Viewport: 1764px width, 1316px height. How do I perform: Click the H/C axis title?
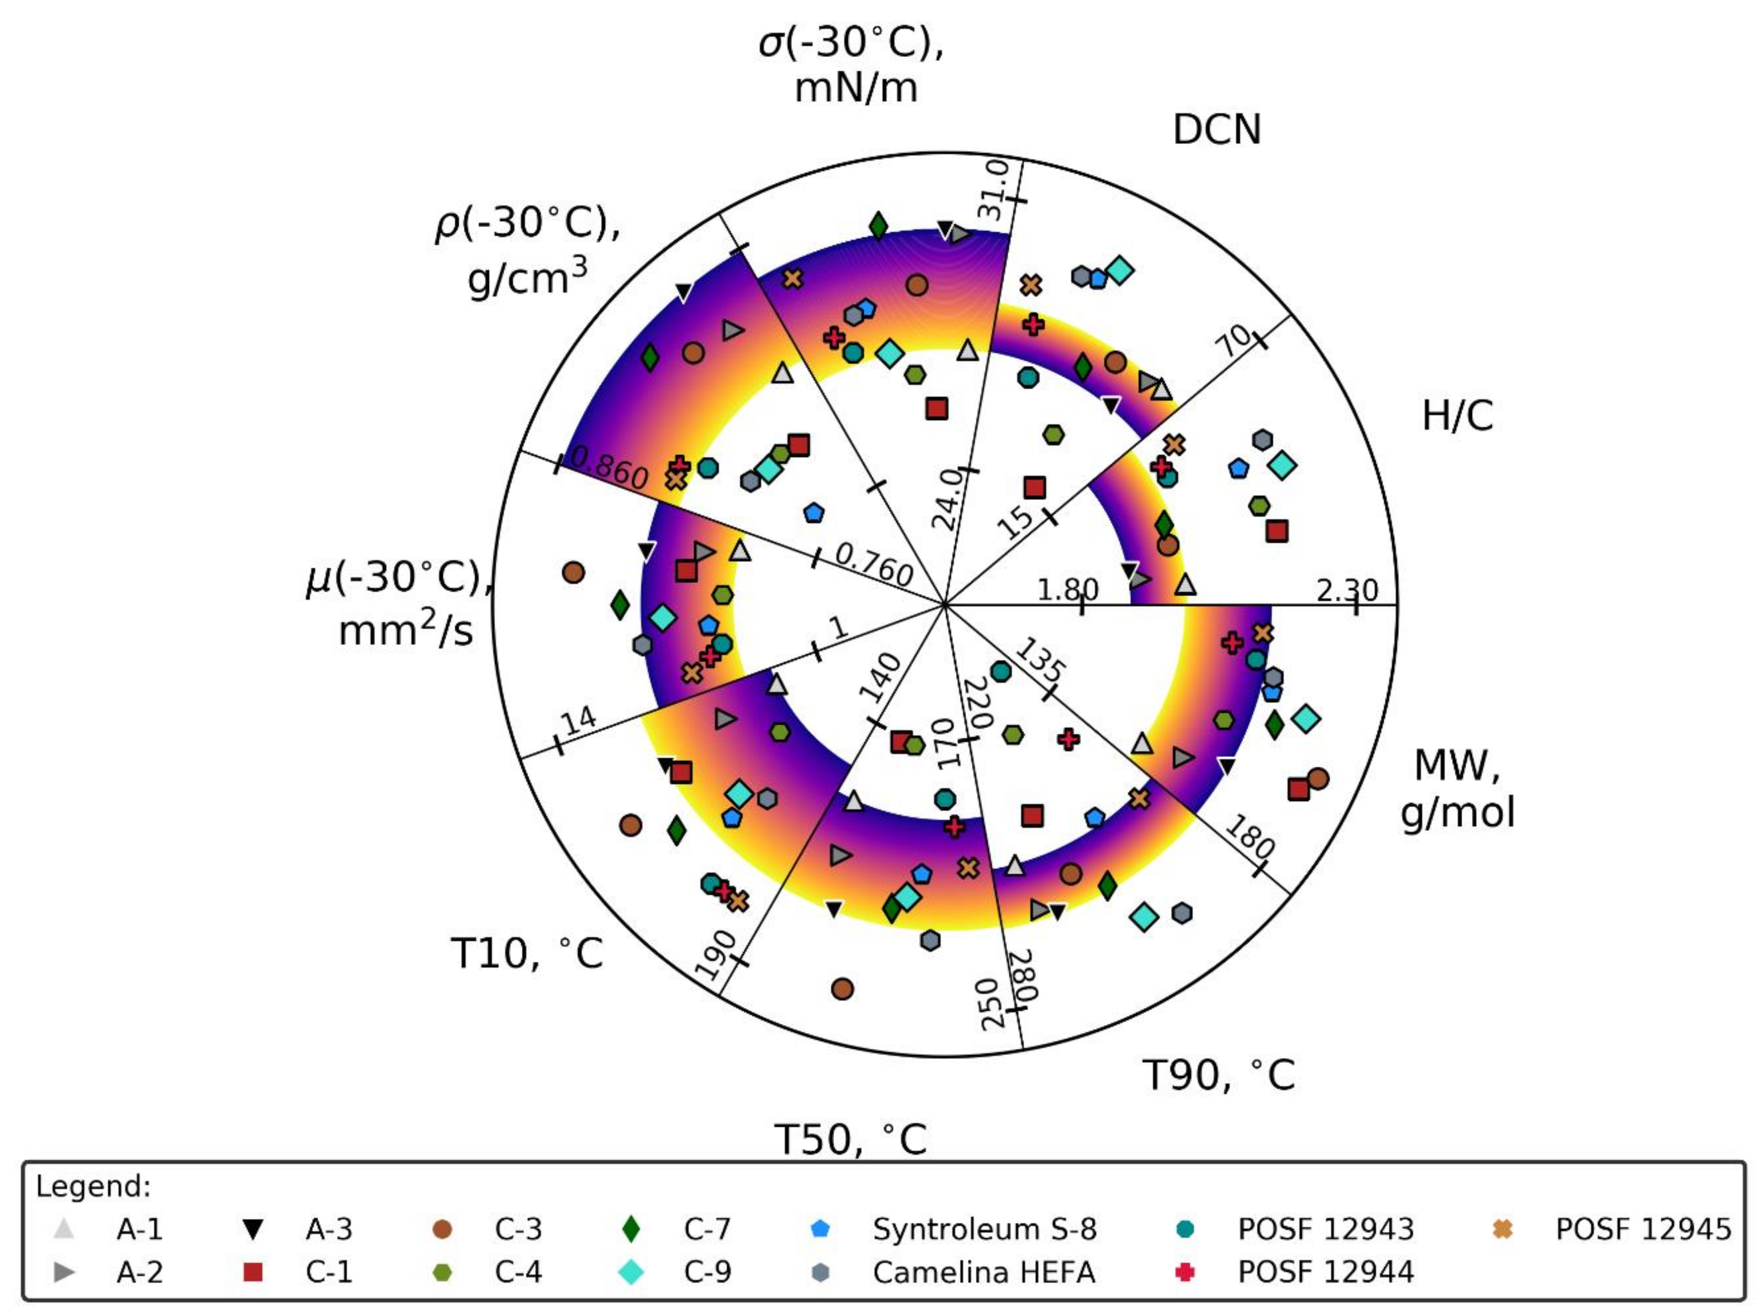pyautogui.click(x=1457, y=416)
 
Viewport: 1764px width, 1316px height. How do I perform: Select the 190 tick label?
pyautogui.click(x=715, y=954)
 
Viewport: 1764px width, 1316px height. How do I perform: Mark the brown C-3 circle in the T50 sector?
pyautogui.click(x=842, y=988)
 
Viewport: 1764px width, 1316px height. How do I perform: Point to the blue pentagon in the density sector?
pyautogui.click(x=813, y=512)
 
